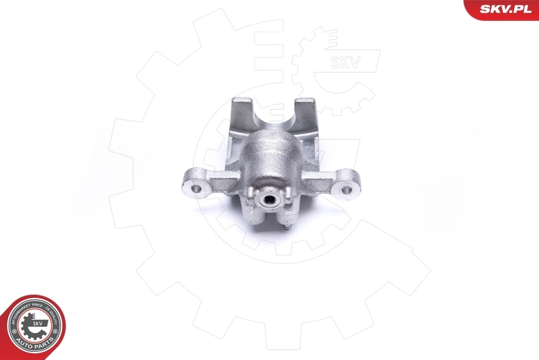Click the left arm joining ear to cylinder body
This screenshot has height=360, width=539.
pyautogui.click(x=222, y=179)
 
